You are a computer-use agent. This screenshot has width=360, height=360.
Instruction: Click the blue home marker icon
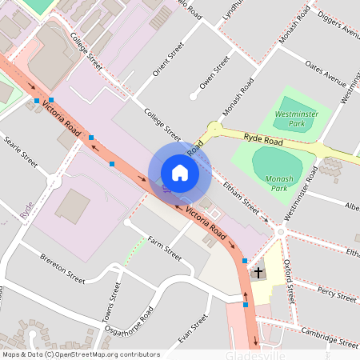click(x=180, y=173)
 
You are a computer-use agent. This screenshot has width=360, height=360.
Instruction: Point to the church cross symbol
click(x=258, y=273)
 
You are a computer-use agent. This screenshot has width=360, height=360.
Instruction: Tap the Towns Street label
click(x=113, y=303)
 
